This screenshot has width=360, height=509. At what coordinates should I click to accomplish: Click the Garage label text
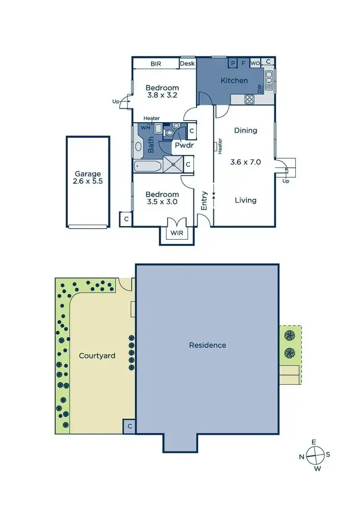pyautogui.click(x=88, y=174)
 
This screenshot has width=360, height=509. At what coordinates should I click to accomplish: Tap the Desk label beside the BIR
pyautogui.click(x=187, y=64)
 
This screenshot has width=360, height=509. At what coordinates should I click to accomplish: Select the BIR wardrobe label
pyautogui.click(x=156, y=64)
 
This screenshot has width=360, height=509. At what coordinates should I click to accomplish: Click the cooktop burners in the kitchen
pyautogui.click(x=250, y=100)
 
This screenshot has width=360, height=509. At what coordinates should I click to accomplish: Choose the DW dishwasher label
pyautogui.click(x=259, y=89)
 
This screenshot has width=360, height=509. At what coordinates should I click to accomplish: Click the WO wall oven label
pyautogui.click(x=255, y=63)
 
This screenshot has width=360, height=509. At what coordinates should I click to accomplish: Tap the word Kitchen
pyautogui.click(x=234, y=80)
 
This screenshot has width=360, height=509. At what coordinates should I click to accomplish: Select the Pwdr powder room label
pyautogui.click(x=182, y=145)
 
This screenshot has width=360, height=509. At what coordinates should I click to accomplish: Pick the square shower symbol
pyautogui.click(x=172, y=164)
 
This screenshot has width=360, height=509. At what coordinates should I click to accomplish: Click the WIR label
pyautogui.click(x=177, y=233)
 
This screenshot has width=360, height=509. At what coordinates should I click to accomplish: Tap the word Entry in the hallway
pyautogui.click(x=204, y=201)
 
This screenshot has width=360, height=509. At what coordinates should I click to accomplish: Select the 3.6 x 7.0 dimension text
pyautogui.click(x=245, y=162)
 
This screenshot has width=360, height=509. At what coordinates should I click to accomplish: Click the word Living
pyautogui.click(x=245, y=200)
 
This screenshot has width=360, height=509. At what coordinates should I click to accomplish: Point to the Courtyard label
pyautogui.click(x=97, y=355)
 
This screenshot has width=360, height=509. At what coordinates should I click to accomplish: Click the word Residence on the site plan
pyautogui.click(x=207, y=345)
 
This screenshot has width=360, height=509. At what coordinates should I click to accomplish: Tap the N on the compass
pyautogui.click(x=302, y=457)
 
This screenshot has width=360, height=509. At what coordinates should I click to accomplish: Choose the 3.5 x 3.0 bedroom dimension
pyautogui.click(x=162, y=202)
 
